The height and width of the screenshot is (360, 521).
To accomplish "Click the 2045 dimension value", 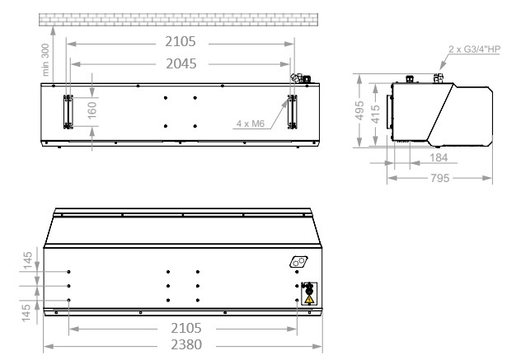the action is (x=181, y=63).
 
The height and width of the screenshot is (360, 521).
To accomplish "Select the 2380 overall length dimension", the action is (x=186, y=344).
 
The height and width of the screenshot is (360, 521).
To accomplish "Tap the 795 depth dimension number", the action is (x=440, y=178).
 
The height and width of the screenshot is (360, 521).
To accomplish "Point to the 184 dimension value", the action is (x=439, y=157).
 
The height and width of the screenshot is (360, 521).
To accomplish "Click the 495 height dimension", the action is (x=359, y=110).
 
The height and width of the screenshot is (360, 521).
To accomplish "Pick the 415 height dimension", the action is (x=376, y=114).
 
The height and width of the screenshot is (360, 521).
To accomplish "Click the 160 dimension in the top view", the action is (x=92, y=110).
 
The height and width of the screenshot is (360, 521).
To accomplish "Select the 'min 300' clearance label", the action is (x=45, y=60).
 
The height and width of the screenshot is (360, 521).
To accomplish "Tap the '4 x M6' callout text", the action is (x=251, y=124).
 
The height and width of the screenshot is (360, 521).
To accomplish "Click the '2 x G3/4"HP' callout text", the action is (x=474, y=49).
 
